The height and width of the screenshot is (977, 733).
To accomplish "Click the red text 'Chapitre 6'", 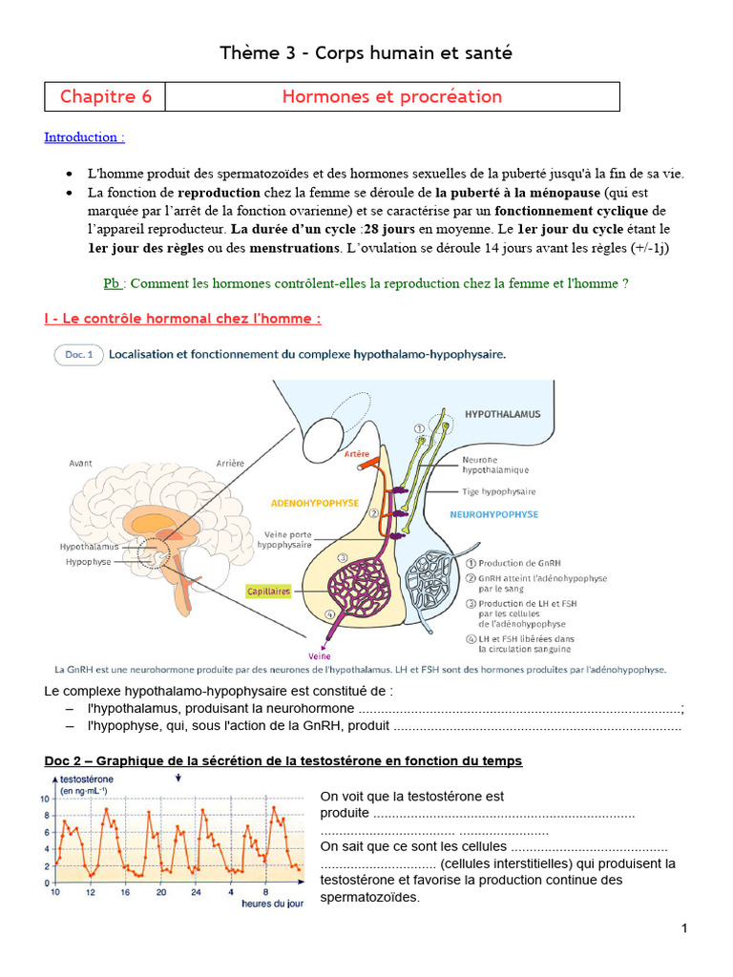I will pos(105,96).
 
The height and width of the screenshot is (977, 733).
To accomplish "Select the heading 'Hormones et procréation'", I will pos(391,96).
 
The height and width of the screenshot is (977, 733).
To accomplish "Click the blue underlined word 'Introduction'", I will pos(84,137).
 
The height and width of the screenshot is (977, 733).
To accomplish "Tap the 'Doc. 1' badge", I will pos(78,354).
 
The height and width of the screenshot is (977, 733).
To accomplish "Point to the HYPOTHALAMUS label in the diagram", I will pos(502,414).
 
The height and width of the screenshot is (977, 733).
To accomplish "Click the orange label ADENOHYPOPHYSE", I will pos(315,502).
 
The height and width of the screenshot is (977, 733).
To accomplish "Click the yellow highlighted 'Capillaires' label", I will pos(268,592).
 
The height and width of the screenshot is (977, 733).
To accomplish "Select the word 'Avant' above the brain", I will pos(81,463).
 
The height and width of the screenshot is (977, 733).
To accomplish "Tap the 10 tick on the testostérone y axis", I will pos(45,799).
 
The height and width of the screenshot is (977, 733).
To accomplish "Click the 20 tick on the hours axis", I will pos(160,892).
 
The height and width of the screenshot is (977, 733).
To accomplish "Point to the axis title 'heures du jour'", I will pos(272,903).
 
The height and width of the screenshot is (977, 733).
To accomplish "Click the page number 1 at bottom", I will pos(684,928).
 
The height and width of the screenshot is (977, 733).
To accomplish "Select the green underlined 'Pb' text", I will pos(113,283).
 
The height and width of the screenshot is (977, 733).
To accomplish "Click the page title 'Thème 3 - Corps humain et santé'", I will pos(366,53).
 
